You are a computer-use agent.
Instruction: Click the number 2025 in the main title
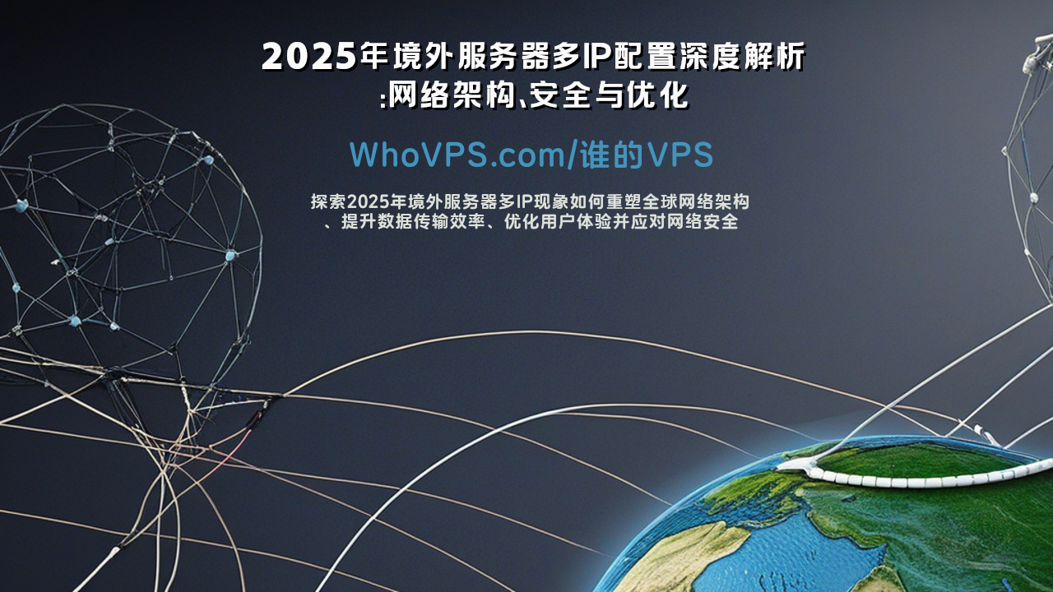[308, 57]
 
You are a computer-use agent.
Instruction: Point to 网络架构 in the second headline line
[452, 95]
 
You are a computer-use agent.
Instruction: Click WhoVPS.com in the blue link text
[458, 154]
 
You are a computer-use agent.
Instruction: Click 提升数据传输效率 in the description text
[413, 221]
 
